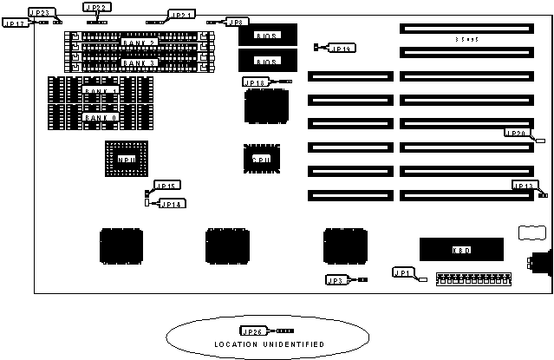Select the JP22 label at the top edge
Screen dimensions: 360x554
click(x=97, y=7)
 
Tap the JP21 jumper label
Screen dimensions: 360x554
click(x=181, y=15)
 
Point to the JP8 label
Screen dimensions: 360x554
click(x=238, y=22)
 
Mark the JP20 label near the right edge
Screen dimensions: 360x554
click(x=516, y=133)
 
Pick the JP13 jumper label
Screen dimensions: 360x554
click(x=524, y=186)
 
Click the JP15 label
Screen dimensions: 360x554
click(x=166, y=186)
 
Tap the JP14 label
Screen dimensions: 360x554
click(x=168, y=204)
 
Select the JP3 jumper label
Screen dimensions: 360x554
click(x=336, y=279)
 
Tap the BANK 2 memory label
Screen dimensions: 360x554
click(x=139, y=42)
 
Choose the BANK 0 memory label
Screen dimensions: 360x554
click(x=99, y=116)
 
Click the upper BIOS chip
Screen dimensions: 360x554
click(x=262, y=35)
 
